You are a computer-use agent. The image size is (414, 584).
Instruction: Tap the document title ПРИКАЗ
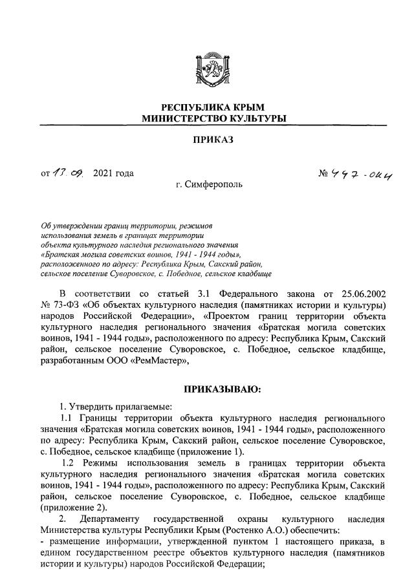coord(206,140)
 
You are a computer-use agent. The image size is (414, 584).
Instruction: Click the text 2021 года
coord(114,173)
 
